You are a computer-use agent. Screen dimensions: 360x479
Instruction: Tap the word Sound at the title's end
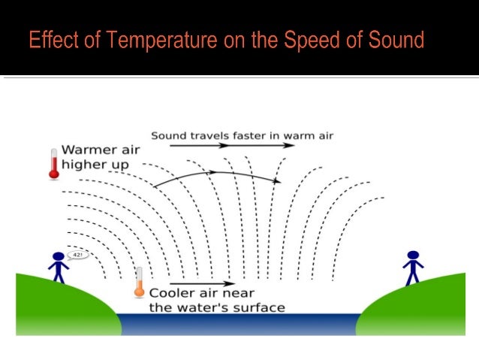(x=396, y=40)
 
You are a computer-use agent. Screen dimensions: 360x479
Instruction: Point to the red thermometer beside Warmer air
(x=53, y=164)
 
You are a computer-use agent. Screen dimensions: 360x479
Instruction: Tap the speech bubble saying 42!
(x=77, y=256)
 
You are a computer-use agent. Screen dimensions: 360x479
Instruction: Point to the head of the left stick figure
(x=58, y=257)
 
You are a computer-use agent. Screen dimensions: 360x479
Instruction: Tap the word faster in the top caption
(x=245, y=135)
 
